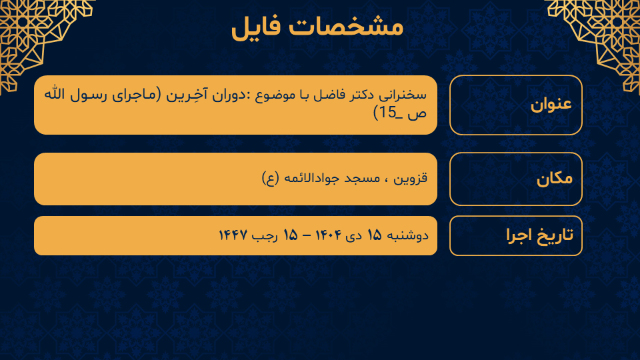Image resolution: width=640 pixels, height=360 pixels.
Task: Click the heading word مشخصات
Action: click(x=346, y=27)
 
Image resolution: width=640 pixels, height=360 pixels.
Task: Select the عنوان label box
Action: click(x=515, y=105)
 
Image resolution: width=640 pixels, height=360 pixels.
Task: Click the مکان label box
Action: click(x=515, y=179)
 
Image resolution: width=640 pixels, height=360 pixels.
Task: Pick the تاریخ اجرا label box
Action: click(x=515, y=235)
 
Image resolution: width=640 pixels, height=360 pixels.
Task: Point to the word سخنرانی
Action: click(x=403, y=95)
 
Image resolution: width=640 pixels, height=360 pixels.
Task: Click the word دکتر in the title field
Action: click(x=359, y=95)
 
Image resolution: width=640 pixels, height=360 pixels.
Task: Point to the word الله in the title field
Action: click(x=55, y=94)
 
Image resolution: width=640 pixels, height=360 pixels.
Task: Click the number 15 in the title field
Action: click(x=388, y=113)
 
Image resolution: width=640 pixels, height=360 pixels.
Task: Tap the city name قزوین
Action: click(x=410, y=179)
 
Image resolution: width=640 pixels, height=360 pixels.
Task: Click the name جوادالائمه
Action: click(x=310, y=179)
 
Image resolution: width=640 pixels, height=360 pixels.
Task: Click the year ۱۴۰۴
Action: click(x=328, y=235)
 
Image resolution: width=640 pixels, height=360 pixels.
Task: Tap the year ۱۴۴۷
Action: click(x=233, y=235)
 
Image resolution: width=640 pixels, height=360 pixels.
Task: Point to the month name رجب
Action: click(x=265, y=236)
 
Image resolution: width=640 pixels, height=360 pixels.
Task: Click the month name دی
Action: click(x=353, y=236)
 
